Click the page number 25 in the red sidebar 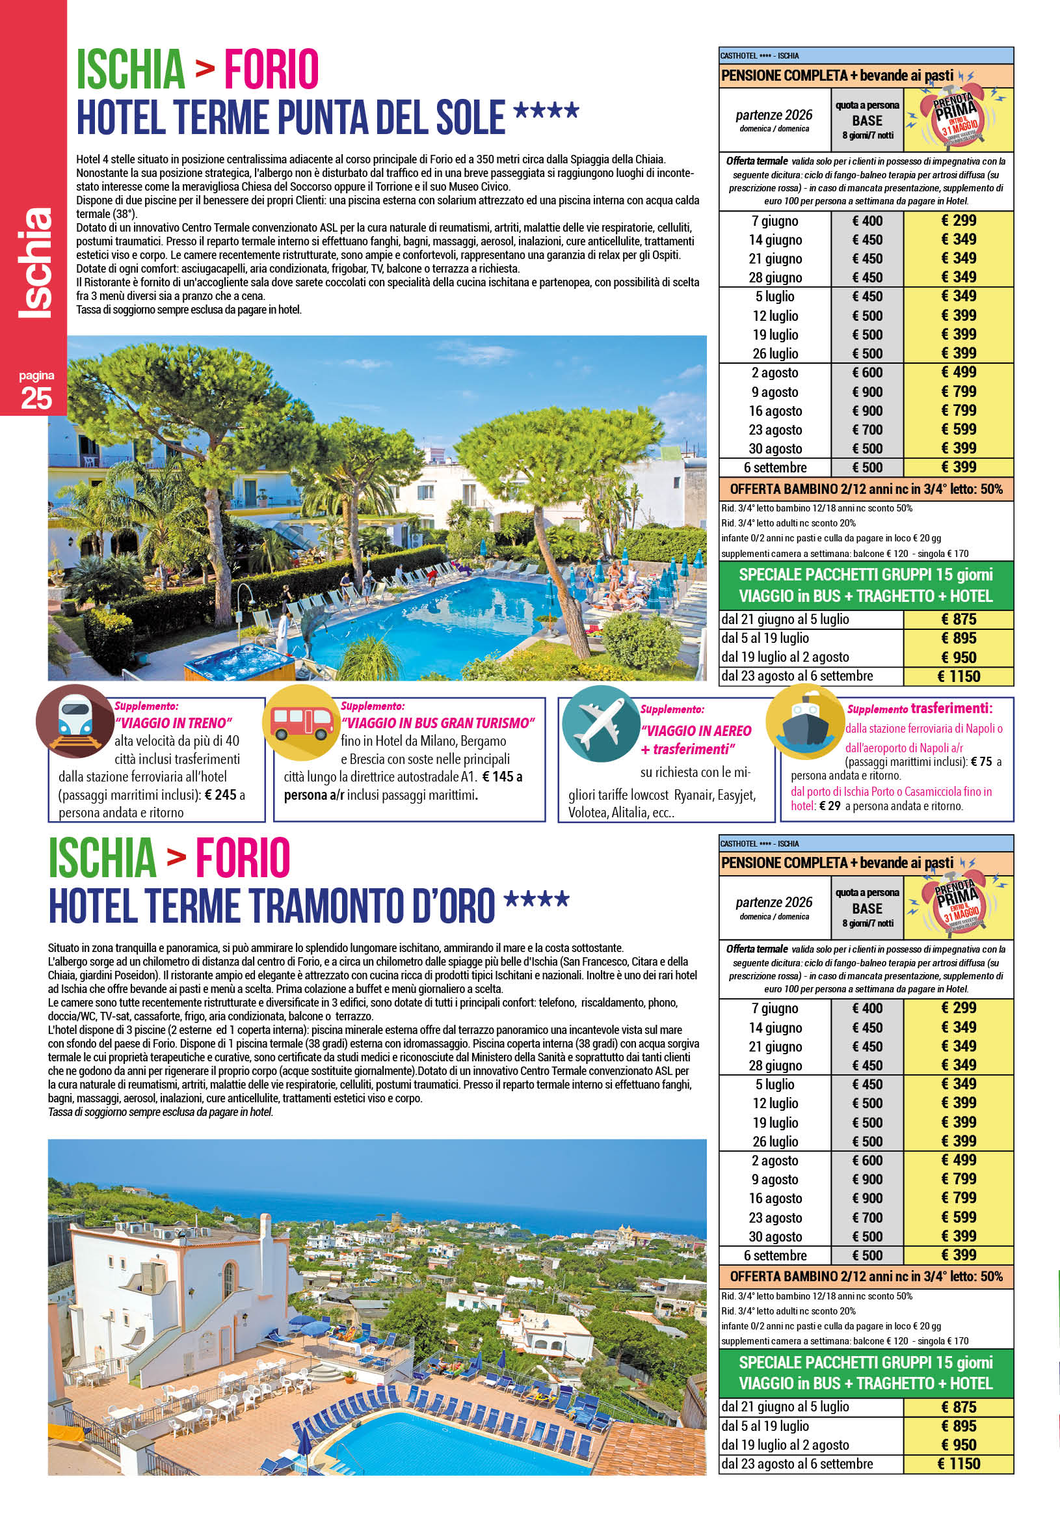36,398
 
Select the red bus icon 300,722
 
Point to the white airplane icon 597,724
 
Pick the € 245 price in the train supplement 220,795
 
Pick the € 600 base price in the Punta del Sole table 868,374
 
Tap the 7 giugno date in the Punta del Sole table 775,221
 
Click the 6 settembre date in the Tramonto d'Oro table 775,1255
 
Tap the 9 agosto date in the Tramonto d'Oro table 775,1179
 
